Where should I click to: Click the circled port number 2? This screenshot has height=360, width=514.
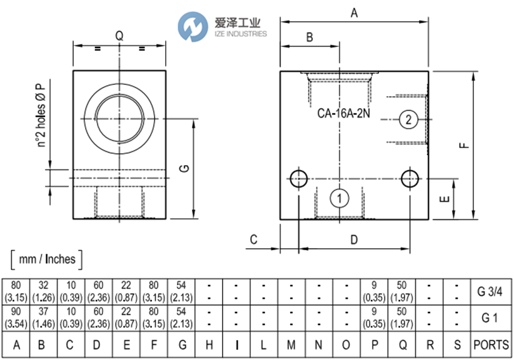point(408,120)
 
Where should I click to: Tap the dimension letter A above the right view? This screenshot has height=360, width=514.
point(354,12)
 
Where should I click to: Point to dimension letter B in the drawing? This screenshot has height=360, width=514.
point(309,37)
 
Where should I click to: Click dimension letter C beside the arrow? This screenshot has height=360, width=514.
point(254,239)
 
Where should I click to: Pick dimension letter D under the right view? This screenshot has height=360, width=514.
point(353,240)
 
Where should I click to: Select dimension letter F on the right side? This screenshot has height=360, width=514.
point(463,145)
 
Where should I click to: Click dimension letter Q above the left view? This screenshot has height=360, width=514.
point(119,36)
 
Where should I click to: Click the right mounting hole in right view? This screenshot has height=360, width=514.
point(411,179)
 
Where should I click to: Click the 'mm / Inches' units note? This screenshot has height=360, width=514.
point(47,259)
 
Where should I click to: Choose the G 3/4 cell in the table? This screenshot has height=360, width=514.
point(489,291)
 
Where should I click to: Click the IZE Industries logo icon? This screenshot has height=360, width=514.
point(191,27)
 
